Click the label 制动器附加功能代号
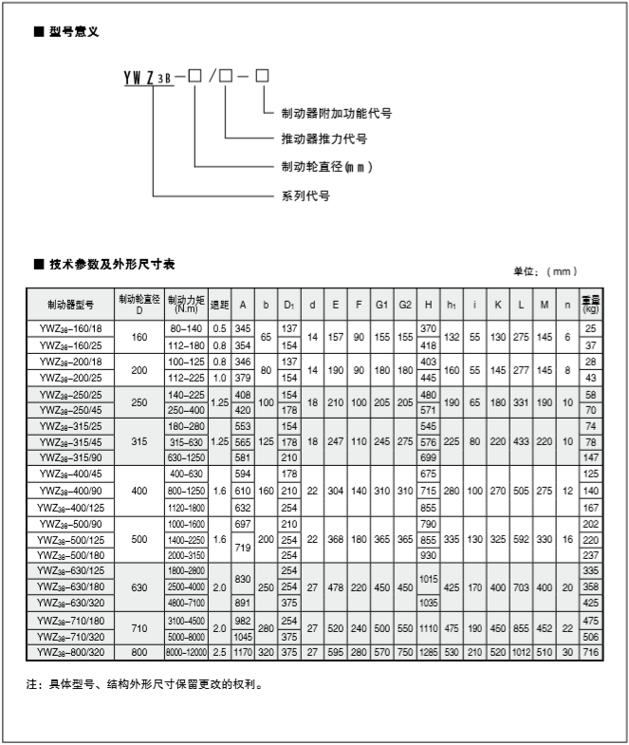point(336,113)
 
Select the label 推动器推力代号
point(324,140)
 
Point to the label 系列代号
point(305,196)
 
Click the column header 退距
point(219,305)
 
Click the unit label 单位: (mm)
point(545,271)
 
